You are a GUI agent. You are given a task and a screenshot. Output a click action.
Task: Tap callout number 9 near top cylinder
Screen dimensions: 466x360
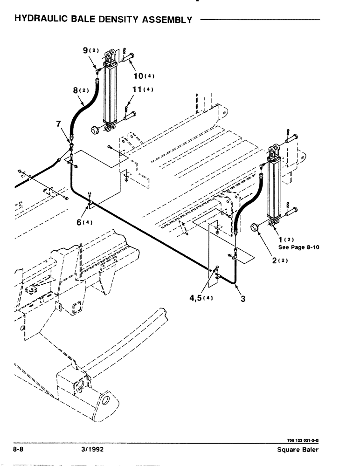(85, 49)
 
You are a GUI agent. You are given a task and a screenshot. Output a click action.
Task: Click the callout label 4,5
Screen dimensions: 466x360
(198, 299)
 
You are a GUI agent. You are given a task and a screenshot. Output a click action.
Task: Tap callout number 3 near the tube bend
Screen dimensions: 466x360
(243, 299)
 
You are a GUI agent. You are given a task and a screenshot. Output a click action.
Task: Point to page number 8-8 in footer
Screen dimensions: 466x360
(21, 450)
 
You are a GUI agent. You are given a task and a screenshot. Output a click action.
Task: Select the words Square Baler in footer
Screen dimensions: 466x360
(297, 450)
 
